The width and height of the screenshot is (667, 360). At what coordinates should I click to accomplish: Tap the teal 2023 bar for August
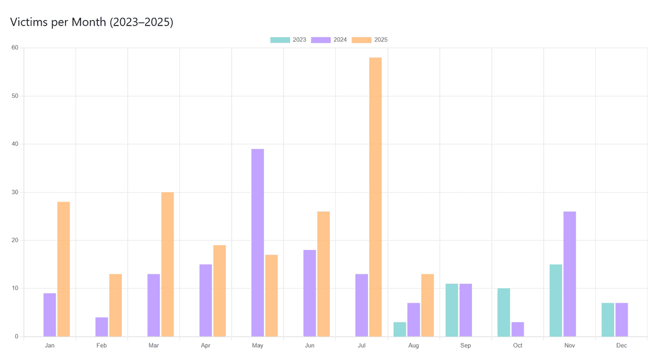[x=400, y=329]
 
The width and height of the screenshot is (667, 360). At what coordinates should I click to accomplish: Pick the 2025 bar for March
[x=167, y=264]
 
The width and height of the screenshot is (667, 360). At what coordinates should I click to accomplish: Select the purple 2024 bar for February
[x=102, y=327]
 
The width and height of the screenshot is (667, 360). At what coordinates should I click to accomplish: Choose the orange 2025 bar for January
[x=63, y=269]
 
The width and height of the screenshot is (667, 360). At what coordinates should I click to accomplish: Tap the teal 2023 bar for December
[x=608, y=319]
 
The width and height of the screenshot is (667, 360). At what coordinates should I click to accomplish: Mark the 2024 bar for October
[x=517, y=329]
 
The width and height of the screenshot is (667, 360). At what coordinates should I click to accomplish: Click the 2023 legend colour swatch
[x=280, y=40]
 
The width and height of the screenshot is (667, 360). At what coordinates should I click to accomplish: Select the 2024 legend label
[x=340, y=40]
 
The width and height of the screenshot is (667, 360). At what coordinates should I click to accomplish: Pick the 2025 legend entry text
[x=381, y=40]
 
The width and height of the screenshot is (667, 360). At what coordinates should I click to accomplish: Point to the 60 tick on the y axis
[x=14, y=48]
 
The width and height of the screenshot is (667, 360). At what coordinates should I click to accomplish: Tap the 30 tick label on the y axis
[x=14, y=192]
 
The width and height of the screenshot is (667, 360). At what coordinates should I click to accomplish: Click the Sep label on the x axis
[x=466, y=346]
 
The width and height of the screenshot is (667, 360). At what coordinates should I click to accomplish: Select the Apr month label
[x=206, y=346]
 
